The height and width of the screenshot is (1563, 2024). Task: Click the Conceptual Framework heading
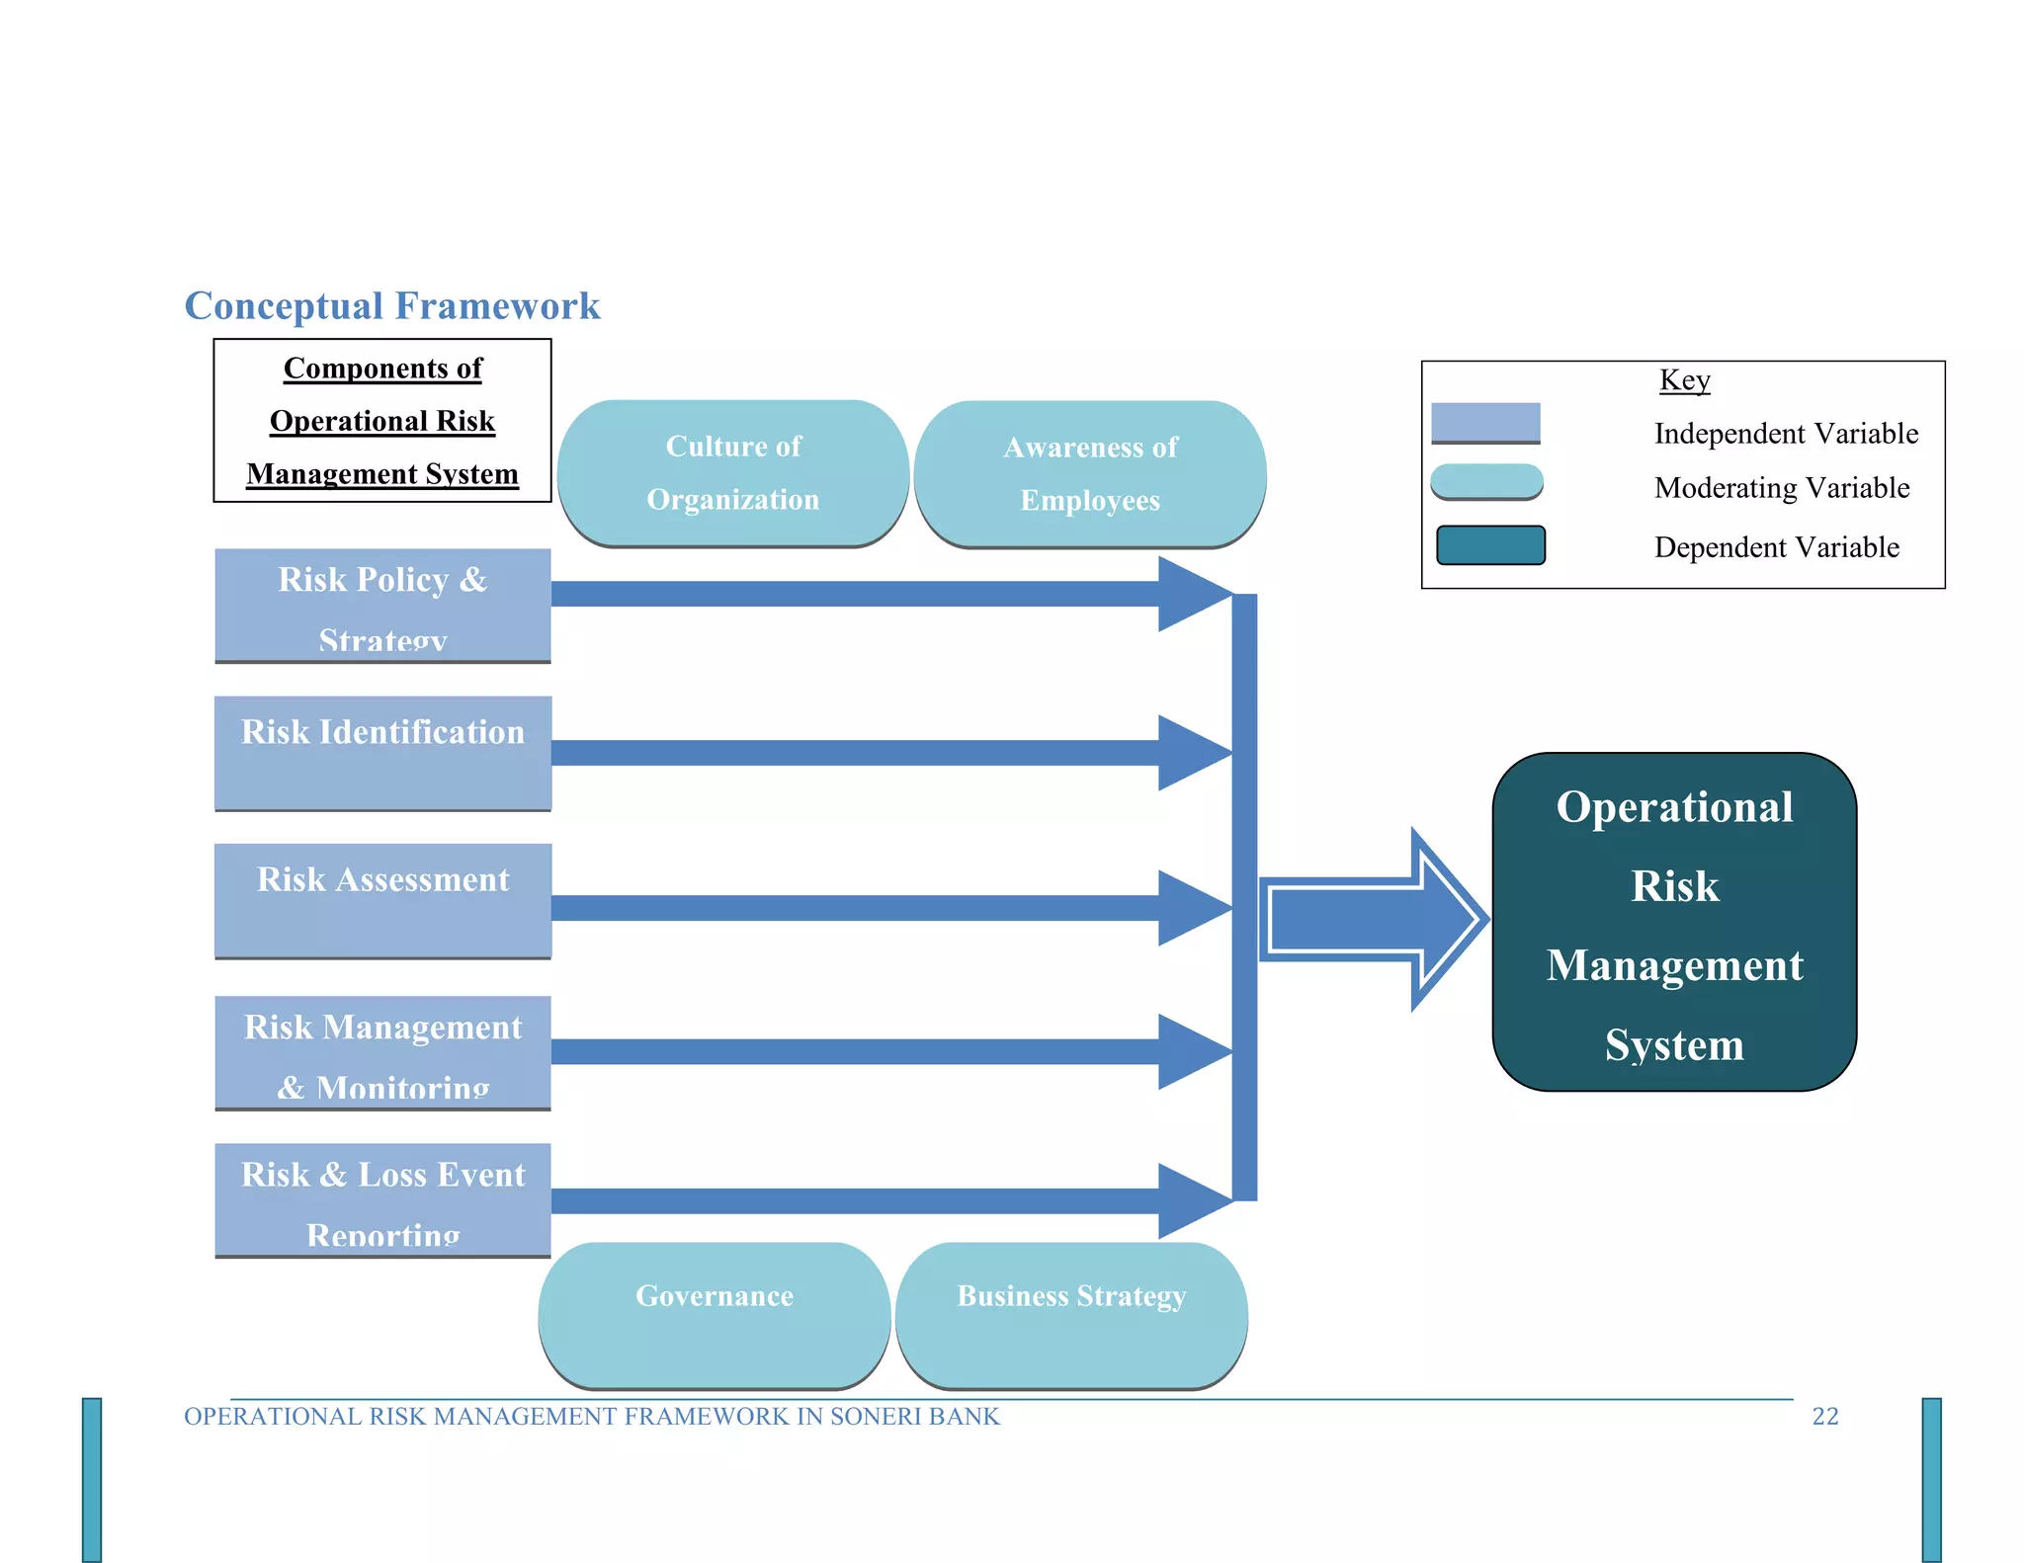(x=392, y=306)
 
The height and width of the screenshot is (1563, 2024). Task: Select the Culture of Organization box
(x=732, y=473)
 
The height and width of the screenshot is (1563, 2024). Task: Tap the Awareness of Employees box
(x=1090, y=474)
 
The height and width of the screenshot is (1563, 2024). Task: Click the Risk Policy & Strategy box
(x=382, y=606)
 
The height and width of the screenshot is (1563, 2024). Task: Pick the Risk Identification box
(x=382, y=753)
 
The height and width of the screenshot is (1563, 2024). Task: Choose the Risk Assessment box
(x=382, y=900)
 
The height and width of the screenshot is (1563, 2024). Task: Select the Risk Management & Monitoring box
(x=382, y=1053)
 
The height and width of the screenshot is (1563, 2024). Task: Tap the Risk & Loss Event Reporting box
(x=382, y=1200)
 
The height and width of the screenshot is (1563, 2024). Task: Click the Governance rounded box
(x=715, y=1315)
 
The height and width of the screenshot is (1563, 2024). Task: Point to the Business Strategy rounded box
(x=1071, y=1315)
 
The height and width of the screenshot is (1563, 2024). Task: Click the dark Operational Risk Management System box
(x=1674, y=922)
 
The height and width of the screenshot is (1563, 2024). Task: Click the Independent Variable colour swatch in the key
(x=1485, y=423)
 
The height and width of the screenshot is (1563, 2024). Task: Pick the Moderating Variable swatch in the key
(x=1486, y=482)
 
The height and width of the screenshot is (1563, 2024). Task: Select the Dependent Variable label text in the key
(x=1776, y=547)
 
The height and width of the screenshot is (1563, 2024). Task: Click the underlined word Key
(x=1684, y=380)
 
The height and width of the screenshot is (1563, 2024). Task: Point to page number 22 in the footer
(x=1824, y=1417)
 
